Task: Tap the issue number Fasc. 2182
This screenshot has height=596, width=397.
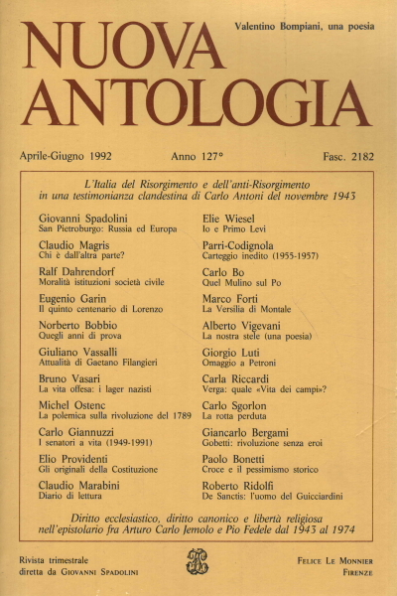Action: click(x=341, y=156)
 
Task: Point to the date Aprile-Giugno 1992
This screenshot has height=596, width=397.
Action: click(x=78, y=156)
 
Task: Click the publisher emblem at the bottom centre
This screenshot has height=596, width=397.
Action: click(x=198, y=565)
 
